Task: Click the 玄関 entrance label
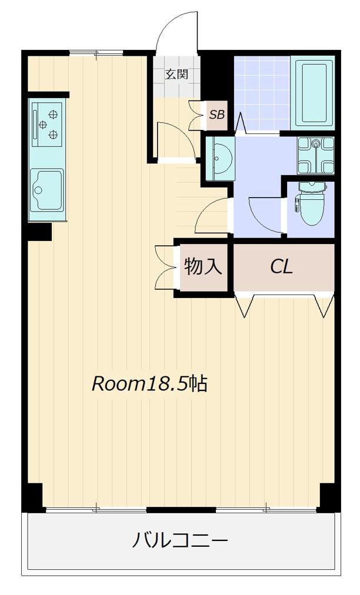click(176, 73)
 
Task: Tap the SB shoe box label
click(217, 114)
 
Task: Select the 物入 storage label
click(203, 266)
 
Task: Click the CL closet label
click(281, 266)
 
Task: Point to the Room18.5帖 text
click(149, 384)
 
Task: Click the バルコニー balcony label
click(180, 540)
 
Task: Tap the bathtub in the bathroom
click(313, 93)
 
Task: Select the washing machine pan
click(316, 155)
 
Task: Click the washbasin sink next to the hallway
click(220, 159)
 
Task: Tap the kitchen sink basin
click(47, 190)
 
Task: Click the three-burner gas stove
click(46, 123)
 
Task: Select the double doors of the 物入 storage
click(166, 268)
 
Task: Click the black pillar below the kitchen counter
click(39, 232)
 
